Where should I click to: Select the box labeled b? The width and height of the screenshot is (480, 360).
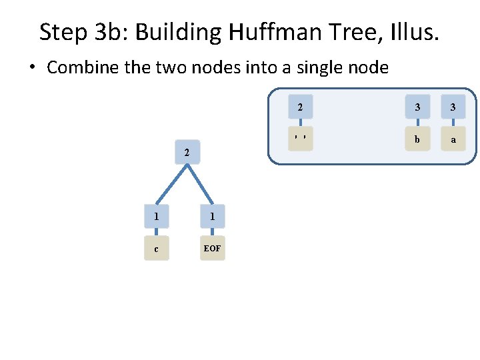(417, 139)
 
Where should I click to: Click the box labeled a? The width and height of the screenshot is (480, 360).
(453, 139)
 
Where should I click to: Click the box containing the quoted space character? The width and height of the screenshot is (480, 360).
(301, 139)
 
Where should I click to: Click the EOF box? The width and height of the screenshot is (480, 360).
(212, 249)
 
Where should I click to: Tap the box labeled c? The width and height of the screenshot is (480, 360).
(156, 249)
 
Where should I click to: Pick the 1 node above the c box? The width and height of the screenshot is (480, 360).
(156, 216)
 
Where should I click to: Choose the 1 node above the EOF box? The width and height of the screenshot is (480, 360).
(212, 216)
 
